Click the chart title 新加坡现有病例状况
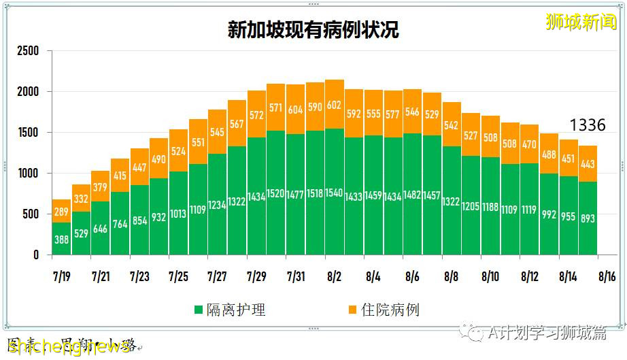(313, 30)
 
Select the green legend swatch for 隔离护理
(199, 310)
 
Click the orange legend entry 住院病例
(380, 310)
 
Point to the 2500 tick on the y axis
(28, 51)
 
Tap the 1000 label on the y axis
(28, 174)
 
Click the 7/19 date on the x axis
(61, 277)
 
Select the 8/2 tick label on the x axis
(334, 277)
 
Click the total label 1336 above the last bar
(587, 125)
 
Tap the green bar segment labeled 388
(62, 240)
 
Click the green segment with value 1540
(335, 193)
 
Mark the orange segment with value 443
(588, 164)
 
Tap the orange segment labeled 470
(529, 144)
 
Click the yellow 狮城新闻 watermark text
(581, 22)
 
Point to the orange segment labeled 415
(120, 176)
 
